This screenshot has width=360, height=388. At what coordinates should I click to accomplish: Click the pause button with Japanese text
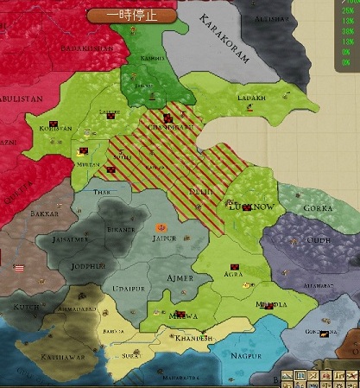point(132,15)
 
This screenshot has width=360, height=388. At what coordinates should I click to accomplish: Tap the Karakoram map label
point(224,40)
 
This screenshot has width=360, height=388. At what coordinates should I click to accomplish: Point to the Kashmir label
point(152,57)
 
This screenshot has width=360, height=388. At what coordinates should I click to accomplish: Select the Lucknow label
point(250,207)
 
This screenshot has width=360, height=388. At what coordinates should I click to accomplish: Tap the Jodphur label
point(90,266)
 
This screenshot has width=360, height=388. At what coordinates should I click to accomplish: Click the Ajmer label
point(180,277)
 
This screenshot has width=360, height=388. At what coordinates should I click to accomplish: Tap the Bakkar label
point(43,213)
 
